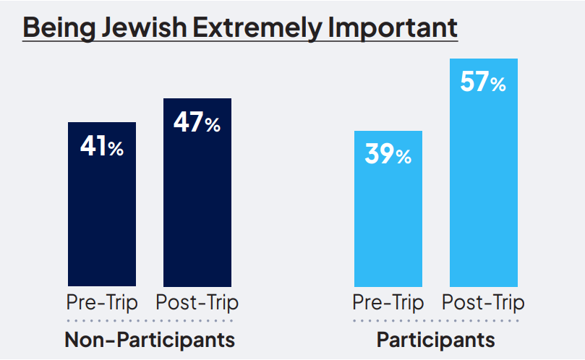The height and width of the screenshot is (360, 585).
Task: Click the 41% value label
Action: point(102,147)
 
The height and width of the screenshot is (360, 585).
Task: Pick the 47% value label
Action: point(197,123)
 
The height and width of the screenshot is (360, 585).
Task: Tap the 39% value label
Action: point(388,155)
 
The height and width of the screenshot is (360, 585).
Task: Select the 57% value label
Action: point(483,82)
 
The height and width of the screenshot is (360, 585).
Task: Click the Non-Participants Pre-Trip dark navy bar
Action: point(102,217)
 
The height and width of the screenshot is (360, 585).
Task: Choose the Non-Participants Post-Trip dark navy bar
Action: point(197,210)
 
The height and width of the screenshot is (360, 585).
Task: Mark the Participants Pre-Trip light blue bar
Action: point(388,224)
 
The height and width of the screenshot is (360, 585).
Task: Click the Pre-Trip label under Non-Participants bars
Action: point(102,301)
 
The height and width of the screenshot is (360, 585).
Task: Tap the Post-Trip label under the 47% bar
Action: point(197,301)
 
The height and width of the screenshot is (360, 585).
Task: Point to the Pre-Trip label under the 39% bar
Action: point(388,301)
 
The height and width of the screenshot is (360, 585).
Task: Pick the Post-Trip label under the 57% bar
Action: point(484,301)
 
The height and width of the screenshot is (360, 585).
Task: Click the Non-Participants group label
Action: point(150,339)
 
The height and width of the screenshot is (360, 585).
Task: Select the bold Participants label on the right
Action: point(436,339)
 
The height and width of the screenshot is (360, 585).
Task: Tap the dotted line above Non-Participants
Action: point(150,320)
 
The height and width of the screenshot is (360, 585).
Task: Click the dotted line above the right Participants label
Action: point(436,320)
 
